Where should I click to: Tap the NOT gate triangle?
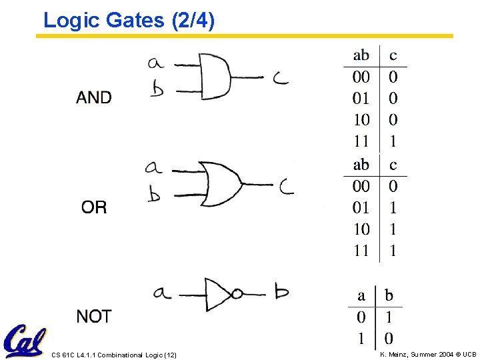click(x=218, y=292)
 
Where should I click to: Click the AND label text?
click(x=94, y=98)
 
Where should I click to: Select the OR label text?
click(x=94, y=207)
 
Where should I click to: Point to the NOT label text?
click(x=94, y=317)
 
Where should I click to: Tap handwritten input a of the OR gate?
click(x=153, y=167)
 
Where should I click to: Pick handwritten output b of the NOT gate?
click(x=281, y=291)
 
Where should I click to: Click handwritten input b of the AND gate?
click(x=157, y=89)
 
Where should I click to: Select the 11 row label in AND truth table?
click(x=361, y=141)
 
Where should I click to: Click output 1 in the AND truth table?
click(x=393, y=141)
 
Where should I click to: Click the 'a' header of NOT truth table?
click(x=361, y=295)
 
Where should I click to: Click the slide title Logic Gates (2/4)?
click(x=129, y=21)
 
